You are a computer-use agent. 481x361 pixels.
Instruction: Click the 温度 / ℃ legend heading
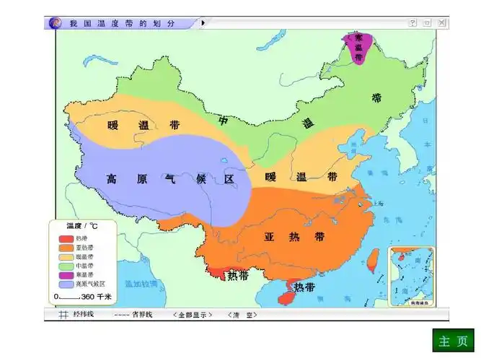click(x=81, y=226)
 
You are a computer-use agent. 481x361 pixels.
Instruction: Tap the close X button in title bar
click(x=441, y=23)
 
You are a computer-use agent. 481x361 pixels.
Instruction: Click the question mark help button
click(x=413, y=23)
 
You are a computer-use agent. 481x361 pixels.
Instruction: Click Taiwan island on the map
click(x=373, y=258)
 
